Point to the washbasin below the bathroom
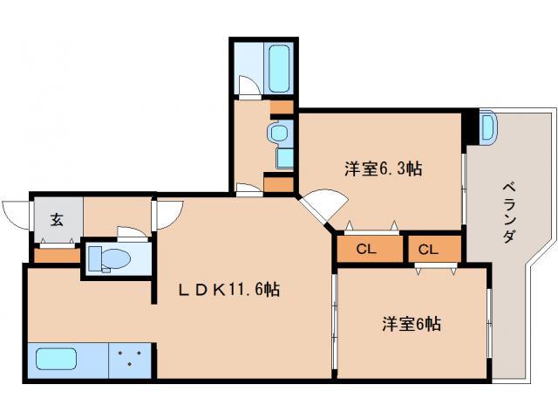pyautogui.click(x=279, y=134)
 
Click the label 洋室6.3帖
pyautogui.click(x=384, y=168)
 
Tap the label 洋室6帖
pyautogui.click(x=410, y=324)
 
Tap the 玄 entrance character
pyautogui.click(x=57, y=220)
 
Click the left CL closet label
pyautogui.click(x=366, y=250)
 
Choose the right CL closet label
pyautogui.click(x=427, y=250)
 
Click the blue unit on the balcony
pyautogui.click(x=487, y=127)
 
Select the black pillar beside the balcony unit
pyautogui.click(x=472, y=126)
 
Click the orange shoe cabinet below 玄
pyautogui.click(x=58, y=256)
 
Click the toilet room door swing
pyautogui.click(x=131, y=232)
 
